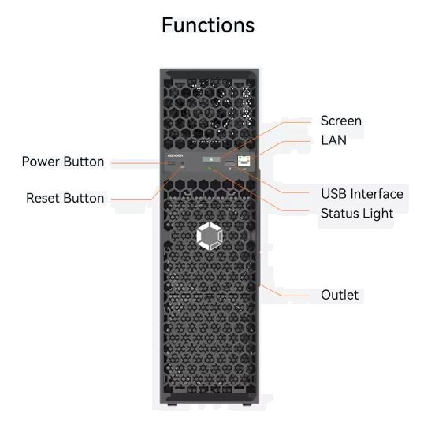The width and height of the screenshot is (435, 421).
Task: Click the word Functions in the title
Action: click(208, 25)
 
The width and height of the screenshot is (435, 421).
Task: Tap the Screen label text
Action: click(341, 121)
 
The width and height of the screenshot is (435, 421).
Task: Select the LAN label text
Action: click(334, 140)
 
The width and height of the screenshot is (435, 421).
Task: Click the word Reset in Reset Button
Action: click(44, 198)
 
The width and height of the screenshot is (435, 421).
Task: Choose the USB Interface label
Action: click(362, 194)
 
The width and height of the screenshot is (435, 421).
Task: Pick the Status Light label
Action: click(357, 214)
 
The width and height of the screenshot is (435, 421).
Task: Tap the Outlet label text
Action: click(340, 295)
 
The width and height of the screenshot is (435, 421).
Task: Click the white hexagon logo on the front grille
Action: click(210, 236)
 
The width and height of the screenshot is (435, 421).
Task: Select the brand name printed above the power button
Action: click(175, 155)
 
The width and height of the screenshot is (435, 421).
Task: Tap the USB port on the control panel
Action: click(229, 163)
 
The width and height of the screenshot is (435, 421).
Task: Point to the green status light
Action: click(210, 168)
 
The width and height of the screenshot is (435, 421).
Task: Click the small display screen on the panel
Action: click(211, 159)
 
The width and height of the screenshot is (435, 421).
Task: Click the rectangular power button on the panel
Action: click(171, 163)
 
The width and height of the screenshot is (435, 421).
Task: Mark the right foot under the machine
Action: click(247, 404)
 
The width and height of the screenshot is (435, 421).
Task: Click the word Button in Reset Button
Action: click(84, 198)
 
